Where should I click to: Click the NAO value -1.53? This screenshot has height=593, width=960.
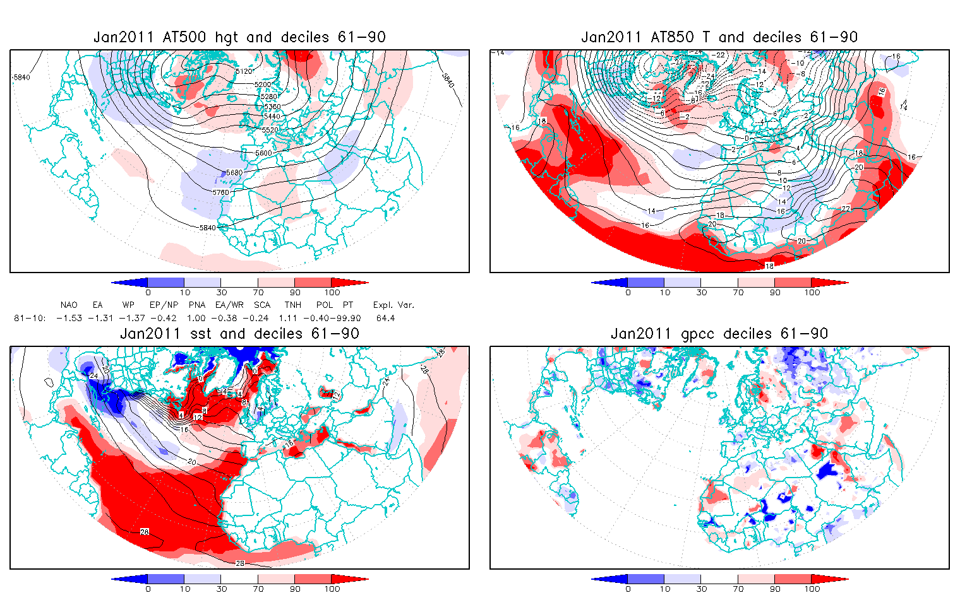[x=69, y=318]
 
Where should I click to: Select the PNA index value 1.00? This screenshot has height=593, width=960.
[x=196, y=318]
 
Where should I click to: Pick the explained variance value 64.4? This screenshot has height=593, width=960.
[x=385, y=318]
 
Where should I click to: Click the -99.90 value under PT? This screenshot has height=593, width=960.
[x=348, y=318]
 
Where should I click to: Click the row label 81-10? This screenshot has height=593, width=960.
[x=29, y=318]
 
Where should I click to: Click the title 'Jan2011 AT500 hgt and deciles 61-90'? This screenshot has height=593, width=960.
[x=239, y=37]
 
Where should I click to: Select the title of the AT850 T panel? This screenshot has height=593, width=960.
[x=719, y=37]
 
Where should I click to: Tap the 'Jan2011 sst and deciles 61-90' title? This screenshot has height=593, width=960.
[x=239, y=334]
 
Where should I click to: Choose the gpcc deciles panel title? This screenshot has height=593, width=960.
[x=719, y=334]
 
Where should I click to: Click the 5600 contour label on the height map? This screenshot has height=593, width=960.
[x=263, y=153]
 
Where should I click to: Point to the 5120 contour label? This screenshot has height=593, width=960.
[x=244, y=72]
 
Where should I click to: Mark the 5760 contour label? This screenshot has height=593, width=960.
[x=220, y=192]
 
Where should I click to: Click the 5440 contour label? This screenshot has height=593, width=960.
[x=272, y=117]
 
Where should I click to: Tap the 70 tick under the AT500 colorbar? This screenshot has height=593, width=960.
[x=258, y=292]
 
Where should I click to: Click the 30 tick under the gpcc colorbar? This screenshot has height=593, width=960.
[x=701, y=589]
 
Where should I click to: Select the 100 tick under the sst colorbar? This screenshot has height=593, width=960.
[x=332, y=589]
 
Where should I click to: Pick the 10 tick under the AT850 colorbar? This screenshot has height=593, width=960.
[x=664, y=292]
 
